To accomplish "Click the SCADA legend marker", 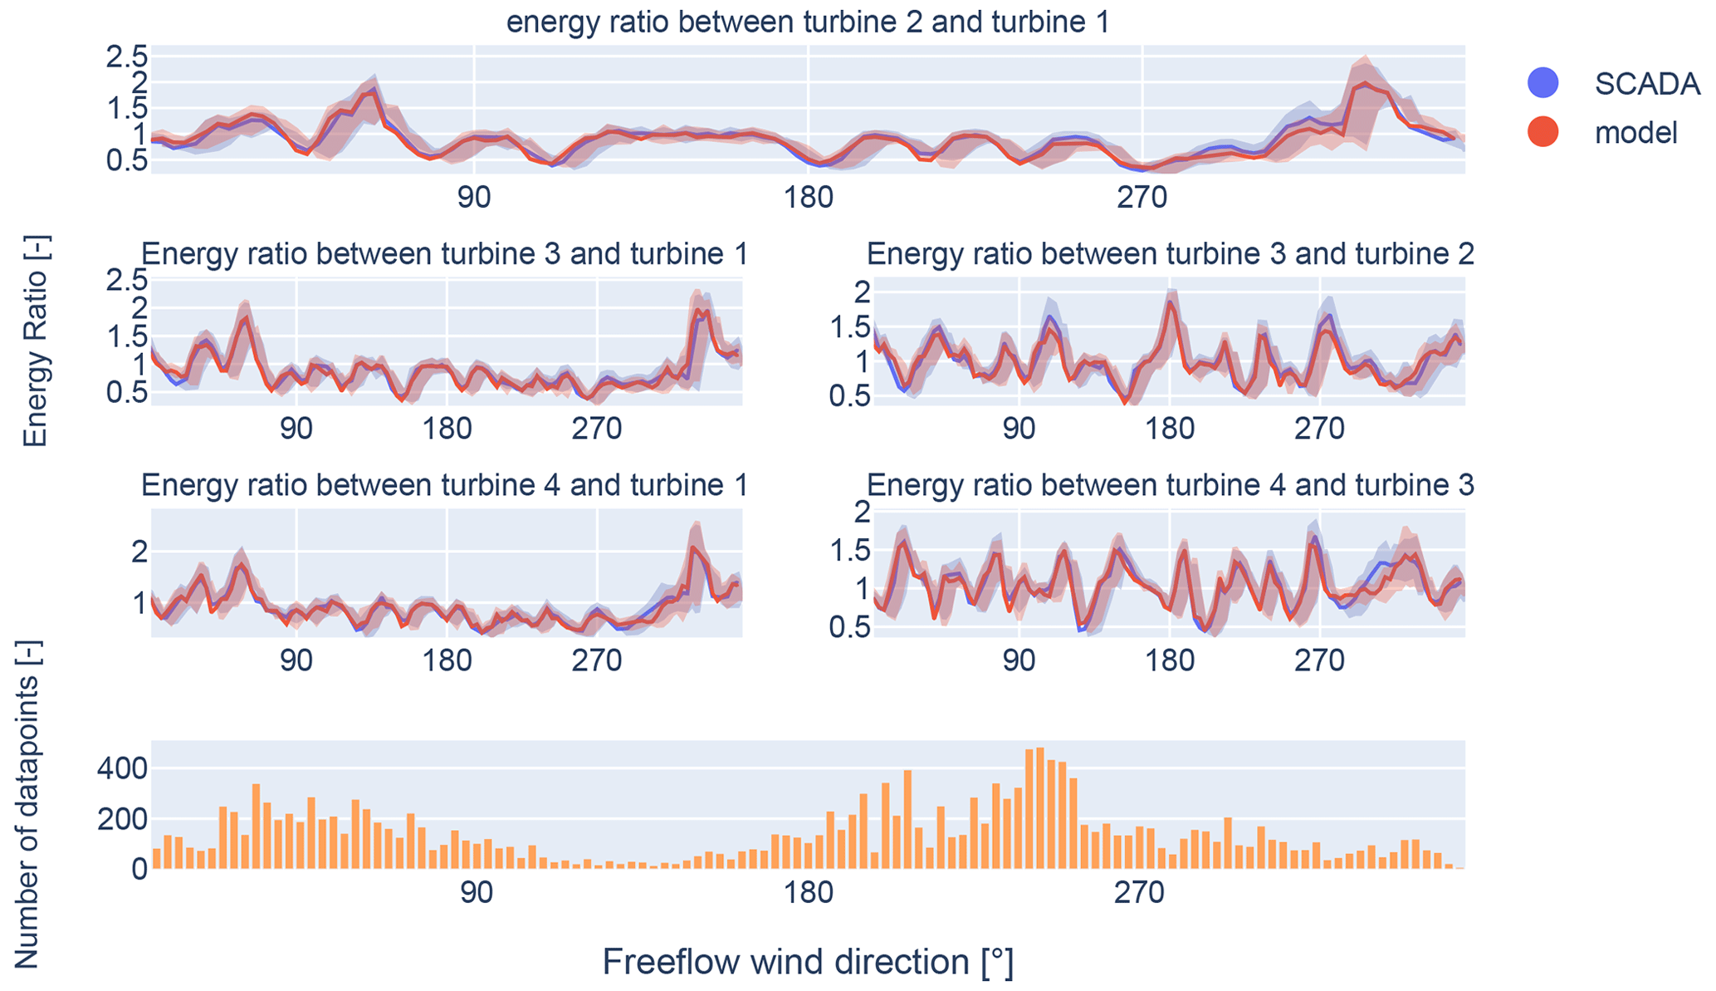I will tap(1542, 82).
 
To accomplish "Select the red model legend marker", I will tap(1542, 131).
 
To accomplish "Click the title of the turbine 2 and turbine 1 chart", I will tap(808, 22).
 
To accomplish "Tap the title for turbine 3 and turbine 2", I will tap(1170, 253).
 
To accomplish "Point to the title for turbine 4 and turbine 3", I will tap(1170, 484).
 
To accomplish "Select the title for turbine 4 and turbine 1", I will tap(444, 484).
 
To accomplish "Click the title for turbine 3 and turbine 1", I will tap(444, 253).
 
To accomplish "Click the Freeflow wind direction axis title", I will tap(808, 962).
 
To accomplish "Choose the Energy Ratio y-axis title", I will tap(35, 341).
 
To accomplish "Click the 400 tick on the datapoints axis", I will tap(122, 768).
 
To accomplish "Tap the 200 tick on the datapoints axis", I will tap(122, 820).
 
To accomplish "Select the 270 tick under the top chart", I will tap(1142, 198).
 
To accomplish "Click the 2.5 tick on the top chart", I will tap(126, 56).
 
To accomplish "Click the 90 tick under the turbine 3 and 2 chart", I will tap(1019, 429).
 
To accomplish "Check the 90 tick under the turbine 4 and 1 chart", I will tap(296, 660).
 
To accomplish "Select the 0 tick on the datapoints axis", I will tap(139, 870).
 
